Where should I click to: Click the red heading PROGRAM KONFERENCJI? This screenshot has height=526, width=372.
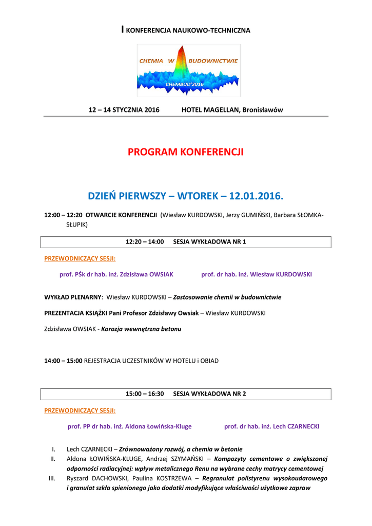tap(186, 152)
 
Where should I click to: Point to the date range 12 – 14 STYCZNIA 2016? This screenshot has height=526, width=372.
tap(124, 110)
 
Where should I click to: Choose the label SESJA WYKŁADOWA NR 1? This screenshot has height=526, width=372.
tap(209, 241)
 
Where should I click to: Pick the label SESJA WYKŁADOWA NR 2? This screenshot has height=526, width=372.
tap(209, 393)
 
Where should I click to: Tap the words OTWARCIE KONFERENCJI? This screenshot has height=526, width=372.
tap(121, 215)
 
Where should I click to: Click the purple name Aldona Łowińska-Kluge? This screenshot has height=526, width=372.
tap(163, 426)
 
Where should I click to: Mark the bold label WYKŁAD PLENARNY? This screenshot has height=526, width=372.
tap(73, 297)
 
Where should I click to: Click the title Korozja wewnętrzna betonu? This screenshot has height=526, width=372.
tap(141, 328)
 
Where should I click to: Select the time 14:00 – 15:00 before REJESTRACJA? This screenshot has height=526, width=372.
tap(63, 361)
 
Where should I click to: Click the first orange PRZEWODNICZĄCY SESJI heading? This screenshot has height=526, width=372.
tap(80, 258)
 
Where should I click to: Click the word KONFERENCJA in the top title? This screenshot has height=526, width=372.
tap(147, 31)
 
